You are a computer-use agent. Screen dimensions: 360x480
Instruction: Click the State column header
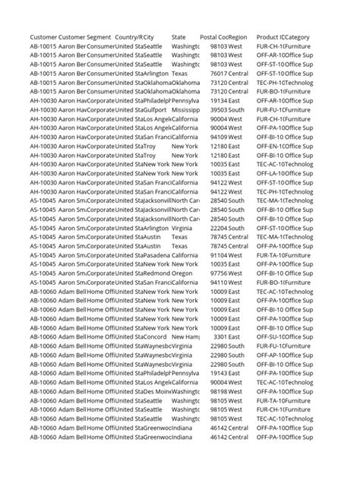[x=178, y=37]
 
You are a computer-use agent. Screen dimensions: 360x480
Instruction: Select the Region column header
[x=237, y=37]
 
